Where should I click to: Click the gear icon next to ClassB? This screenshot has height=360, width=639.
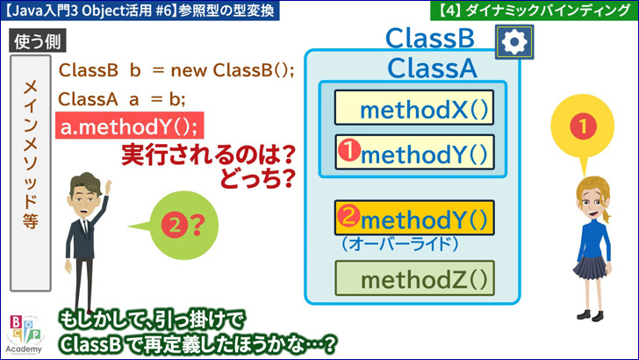[514, 42]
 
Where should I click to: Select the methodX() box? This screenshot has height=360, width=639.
[414, 108]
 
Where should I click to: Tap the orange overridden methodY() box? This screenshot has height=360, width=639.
[414, 218]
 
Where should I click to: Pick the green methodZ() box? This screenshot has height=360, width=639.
[414, 278]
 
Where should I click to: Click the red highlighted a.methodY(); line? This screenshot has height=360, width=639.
[130, 126]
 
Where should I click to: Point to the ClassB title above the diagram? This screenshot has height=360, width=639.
[430, 39]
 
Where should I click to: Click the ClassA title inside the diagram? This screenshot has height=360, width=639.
[432, 68]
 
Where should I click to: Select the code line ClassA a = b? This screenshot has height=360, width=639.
[121, 99]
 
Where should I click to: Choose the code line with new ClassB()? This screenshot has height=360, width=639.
[176, 70]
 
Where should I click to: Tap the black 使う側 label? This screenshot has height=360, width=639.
[38, 40]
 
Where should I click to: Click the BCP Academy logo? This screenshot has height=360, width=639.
[25, 335]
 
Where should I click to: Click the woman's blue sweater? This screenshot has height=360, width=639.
[593, 241]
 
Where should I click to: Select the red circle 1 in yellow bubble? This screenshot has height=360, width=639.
[583, 126]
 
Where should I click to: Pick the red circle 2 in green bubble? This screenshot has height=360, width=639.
[175, 225]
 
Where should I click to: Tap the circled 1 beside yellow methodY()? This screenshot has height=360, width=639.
[348, 149]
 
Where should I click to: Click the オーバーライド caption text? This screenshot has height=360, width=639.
[400, 244]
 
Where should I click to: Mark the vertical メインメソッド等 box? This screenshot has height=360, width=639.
[31, 173]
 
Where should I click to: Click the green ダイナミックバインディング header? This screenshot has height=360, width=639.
[535, 11]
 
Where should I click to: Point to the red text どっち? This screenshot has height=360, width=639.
[258, 177]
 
